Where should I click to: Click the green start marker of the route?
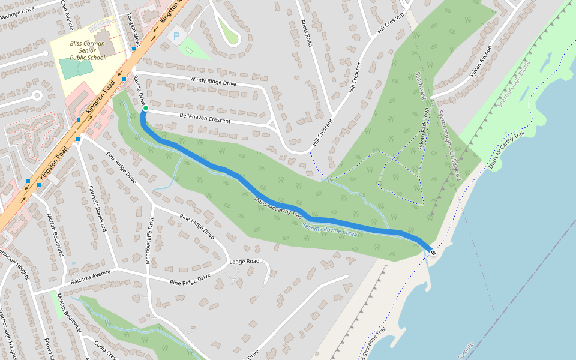pos(145,109)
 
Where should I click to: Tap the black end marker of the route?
pos(433,253)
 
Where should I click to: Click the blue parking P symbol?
pos(176,37)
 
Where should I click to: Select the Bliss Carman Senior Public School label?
pos(87,51)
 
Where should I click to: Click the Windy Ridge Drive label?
pos(213,81)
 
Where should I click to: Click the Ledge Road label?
pos(244,262)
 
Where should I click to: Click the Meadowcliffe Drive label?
pos(151,240)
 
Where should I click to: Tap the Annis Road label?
pos(307,32)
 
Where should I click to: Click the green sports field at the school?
pos(76,67)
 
